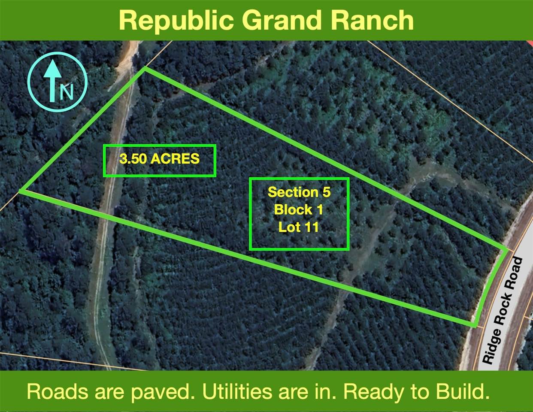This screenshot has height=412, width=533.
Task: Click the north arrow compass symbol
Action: tap(57, 82)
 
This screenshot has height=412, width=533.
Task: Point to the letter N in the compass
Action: tap(67, 91)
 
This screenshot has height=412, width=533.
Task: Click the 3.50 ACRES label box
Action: tap(159, 161)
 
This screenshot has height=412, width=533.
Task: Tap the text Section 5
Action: tap(299, 192)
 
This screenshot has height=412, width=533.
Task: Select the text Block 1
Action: tap(299, 209)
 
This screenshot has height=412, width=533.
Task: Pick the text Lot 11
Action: tap(299, 227)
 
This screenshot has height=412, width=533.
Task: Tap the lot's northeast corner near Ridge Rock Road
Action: tap(506, 250)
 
